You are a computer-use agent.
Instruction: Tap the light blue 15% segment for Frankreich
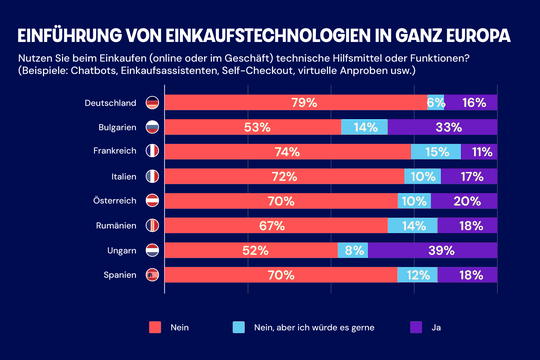pyautogui.click(x=437, y=152)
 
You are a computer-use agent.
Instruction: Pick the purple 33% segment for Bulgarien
pyautogui.click(x=448, y=127)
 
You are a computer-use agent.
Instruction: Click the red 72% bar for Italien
pyautogui.click(x=284, y=176)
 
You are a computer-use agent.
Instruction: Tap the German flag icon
pyautogui.click(x=152, y=102)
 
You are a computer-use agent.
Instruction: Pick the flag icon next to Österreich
pyautogui.click(x=152, y=201)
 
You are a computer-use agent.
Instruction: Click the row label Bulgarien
pyautogui.click(x=116, y=127)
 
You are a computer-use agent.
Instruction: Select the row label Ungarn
pyautogui.click(x=122, y=250)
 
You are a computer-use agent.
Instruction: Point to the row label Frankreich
pyautogui.click(x=115, y=152)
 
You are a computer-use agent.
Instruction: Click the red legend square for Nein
pyautogui.click(x=155, y=326)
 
